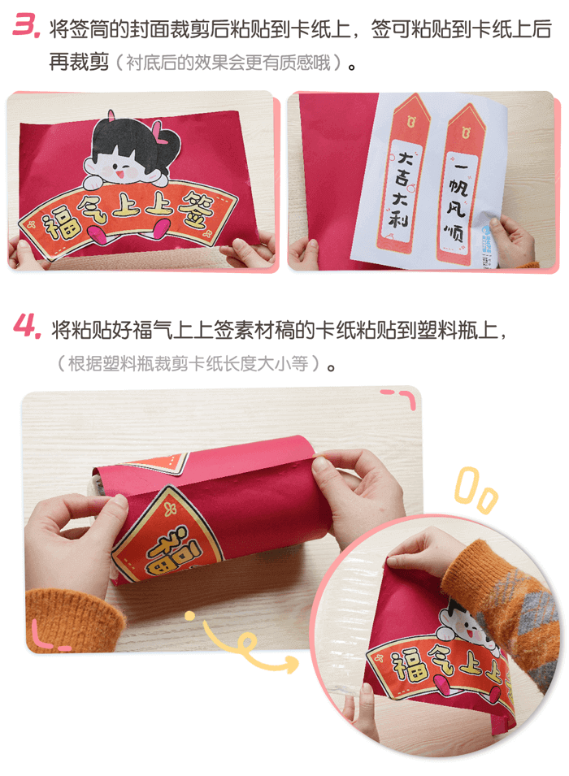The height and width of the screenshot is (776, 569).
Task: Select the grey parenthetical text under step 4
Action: tap(191, 363)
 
